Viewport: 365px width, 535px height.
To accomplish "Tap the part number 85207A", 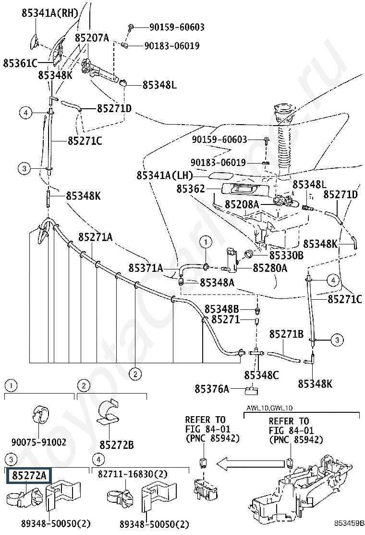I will coord(92,37).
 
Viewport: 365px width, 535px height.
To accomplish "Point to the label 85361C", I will coord(20,63).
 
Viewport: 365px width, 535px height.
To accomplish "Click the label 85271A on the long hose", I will coord(96,237).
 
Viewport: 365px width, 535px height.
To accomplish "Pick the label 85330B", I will coord(286,255).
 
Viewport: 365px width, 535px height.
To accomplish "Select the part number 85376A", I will coord(212,388).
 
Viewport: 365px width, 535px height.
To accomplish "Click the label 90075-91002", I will coord(39,442).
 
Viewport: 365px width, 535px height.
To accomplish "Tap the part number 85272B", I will coord(117,444).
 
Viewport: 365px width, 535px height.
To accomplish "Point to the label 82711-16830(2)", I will coord(133,474).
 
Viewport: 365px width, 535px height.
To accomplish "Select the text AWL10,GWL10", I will coord(269,408).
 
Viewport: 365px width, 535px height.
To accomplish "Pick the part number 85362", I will coord(191,189).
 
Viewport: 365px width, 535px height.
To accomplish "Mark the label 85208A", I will coord(242,205).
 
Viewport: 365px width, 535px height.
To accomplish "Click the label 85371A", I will coord(146,267).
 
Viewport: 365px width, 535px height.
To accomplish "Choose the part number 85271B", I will coord(286,333).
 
